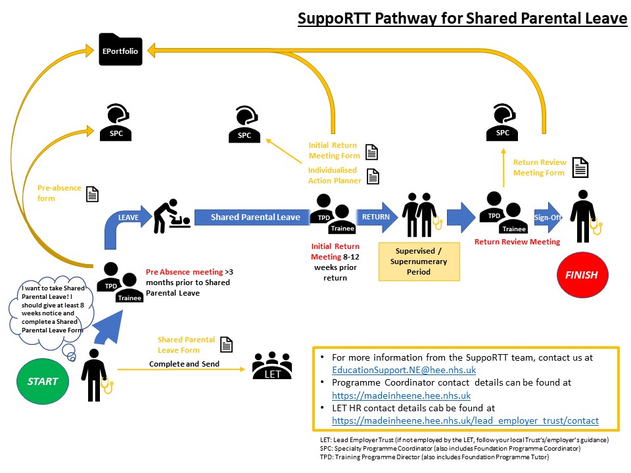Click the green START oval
click(43, 381)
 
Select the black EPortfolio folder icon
click(120, 50)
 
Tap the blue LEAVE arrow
click(125, 223)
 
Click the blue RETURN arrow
click(377, 217)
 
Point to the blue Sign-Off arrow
click(547, 217)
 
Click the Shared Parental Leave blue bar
click(255, 217)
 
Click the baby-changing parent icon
click(171, 216)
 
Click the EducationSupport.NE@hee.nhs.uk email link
click(404, 370)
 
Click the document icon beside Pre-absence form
click(93, 194)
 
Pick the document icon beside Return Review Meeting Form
click(580, 168)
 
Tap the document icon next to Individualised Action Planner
click(373, 175)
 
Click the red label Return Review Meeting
click(517, 242)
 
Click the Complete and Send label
click(183, 363)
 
